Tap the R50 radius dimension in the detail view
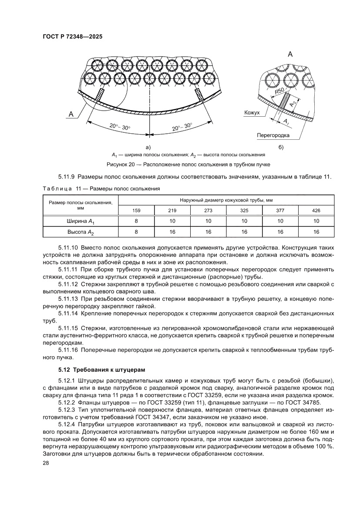point(279,92)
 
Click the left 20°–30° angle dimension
point(120,127)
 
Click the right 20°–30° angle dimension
point(182,127)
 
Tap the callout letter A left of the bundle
point(70,114)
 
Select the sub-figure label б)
point(280,147)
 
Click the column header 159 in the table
point(137,211)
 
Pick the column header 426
point(316,211)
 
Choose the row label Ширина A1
point(81,222)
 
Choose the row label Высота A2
point(81,232)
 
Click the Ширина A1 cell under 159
point(137,222)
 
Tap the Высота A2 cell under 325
point(244,232)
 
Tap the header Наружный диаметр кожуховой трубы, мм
point(226,200)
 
